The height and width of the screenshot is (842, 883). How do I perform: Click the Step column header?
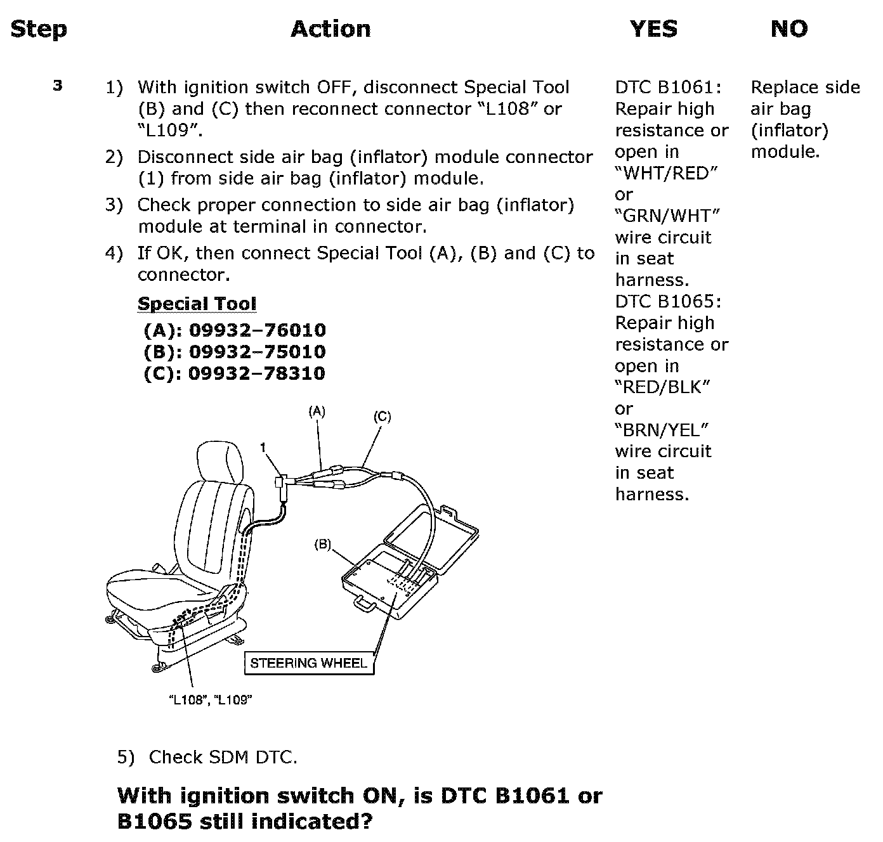tap(39, 29)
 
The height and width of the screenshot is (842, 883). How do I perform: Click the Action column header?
tap(331, 29)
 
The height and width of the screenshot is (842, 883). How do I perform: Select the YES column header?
tap(653, 29)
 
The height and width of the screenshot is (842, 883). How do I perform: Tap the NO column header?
tap(789, 29)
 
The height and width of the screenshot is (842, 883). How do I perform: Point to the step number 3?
tap(58, 86)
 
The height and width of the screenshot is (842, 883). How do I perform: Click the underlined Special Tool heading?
tap(197, 304)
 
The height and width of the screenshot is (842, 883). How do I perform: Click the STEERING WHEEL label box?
tap(309, 663)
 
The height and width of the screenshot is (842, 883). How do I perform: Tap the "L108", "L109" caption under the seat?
tap(210, 699)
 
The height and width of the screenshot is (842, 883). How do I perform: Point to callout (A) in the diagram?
tap(317, 411)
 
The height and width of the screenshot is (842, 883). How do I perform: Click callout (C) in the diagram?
tap(383, 417)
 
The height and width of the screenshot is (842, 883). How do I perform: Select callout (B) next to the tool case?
tap(322, 545)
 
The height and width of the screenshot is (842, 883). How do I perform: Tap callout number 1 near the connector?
tap(263, 447)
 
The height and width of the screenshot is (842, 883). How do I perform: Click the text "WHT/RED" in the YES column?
tap(666, 173)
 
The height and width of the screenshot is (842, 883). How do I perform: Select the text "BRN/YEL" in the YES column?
tap(662, 431)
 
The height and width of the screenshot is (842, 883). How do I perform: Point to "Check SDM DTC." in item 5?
tap(223, 757)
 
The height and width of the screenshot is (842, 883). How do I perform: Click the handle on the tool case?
tap(365, 603)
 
